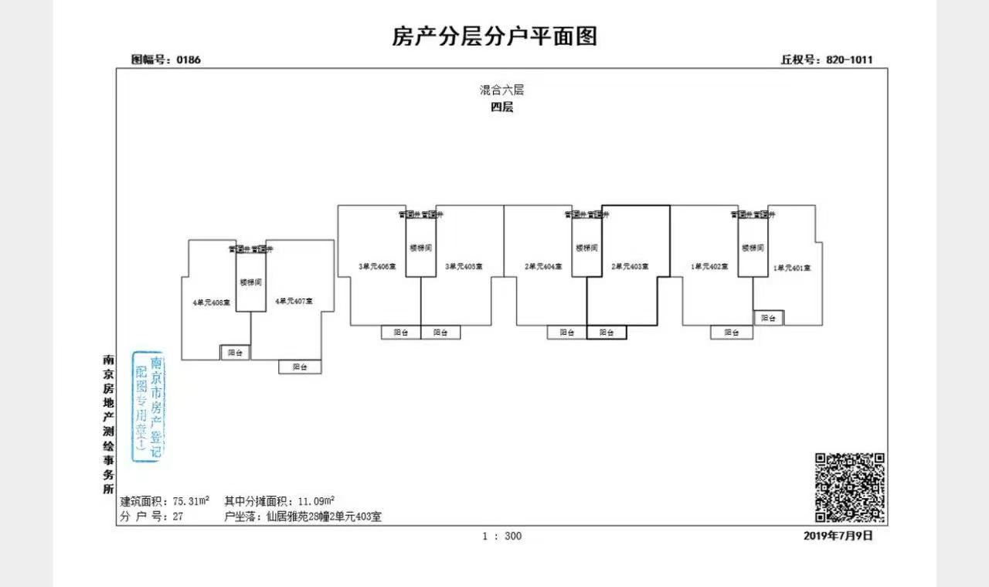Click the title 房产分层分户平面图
[x=494, y=36]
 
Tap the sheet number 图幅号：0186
[x=166, y=60]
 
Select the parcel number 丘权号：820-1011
[x=827, y=60]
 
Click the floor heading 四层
[x=501, y=108]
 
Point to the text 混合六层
[x=501, y=90]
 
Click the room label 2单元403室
[x=630, y=267]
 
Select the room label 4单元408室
[x=212, y=302]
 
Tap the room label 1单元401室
[x=792, y=268]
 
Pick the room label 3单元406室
[x=377, y=267]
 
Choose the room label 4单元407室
[x=294, y=301]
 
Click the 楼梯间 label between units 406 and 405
[x=421, y=248]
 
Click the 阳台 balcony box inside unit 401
[x=769, y=318]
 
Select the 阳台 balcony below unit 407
[x=300, y=367]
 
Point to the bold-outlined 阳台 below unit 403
[x=607, y=333]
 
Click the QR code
[x=850, y=487]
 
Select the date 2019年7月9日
[x=838, y=535]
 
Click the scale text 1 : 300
[x=501, y=536]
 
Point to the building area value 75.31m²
[x=192, y=501]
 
